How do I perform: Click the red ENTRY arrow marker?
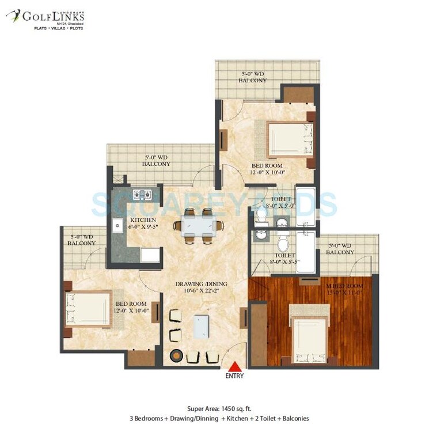(234, 367)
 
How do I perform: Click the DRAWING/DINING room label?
(198, 287)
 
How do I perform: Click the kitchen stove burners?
(141, 194)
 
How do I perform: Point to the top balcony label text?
(252, 77)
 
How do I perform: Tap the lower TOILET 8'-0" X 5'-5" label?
(284, 258)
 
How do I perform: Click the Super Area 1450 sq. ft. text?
(214, 407)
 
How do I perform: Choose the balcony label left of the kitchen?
(82, 240)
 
